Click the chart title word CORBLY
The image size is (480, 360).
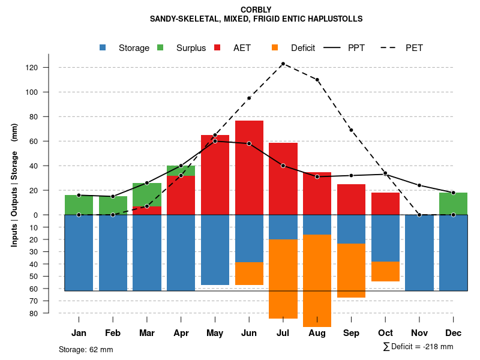256,10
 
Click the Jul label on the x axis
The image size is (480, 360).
283,333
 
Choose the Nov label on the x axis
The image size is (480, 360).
419,333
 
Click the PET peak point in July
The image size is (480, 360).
283,64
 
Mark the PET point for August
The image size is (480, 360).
317,80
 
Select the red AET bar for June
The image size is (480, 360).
249,167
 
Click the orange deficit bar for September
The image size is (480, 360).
351,271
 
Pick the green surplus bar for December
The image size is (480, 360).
453,203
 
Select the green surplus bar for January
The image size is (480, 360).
79,205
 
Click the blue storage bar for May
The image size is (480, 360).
215,250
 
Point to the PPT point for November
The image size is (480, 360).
419,185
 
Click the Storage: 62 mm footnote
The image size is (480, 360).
86,349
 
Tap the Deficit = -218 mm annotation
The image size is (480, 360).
418,347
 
